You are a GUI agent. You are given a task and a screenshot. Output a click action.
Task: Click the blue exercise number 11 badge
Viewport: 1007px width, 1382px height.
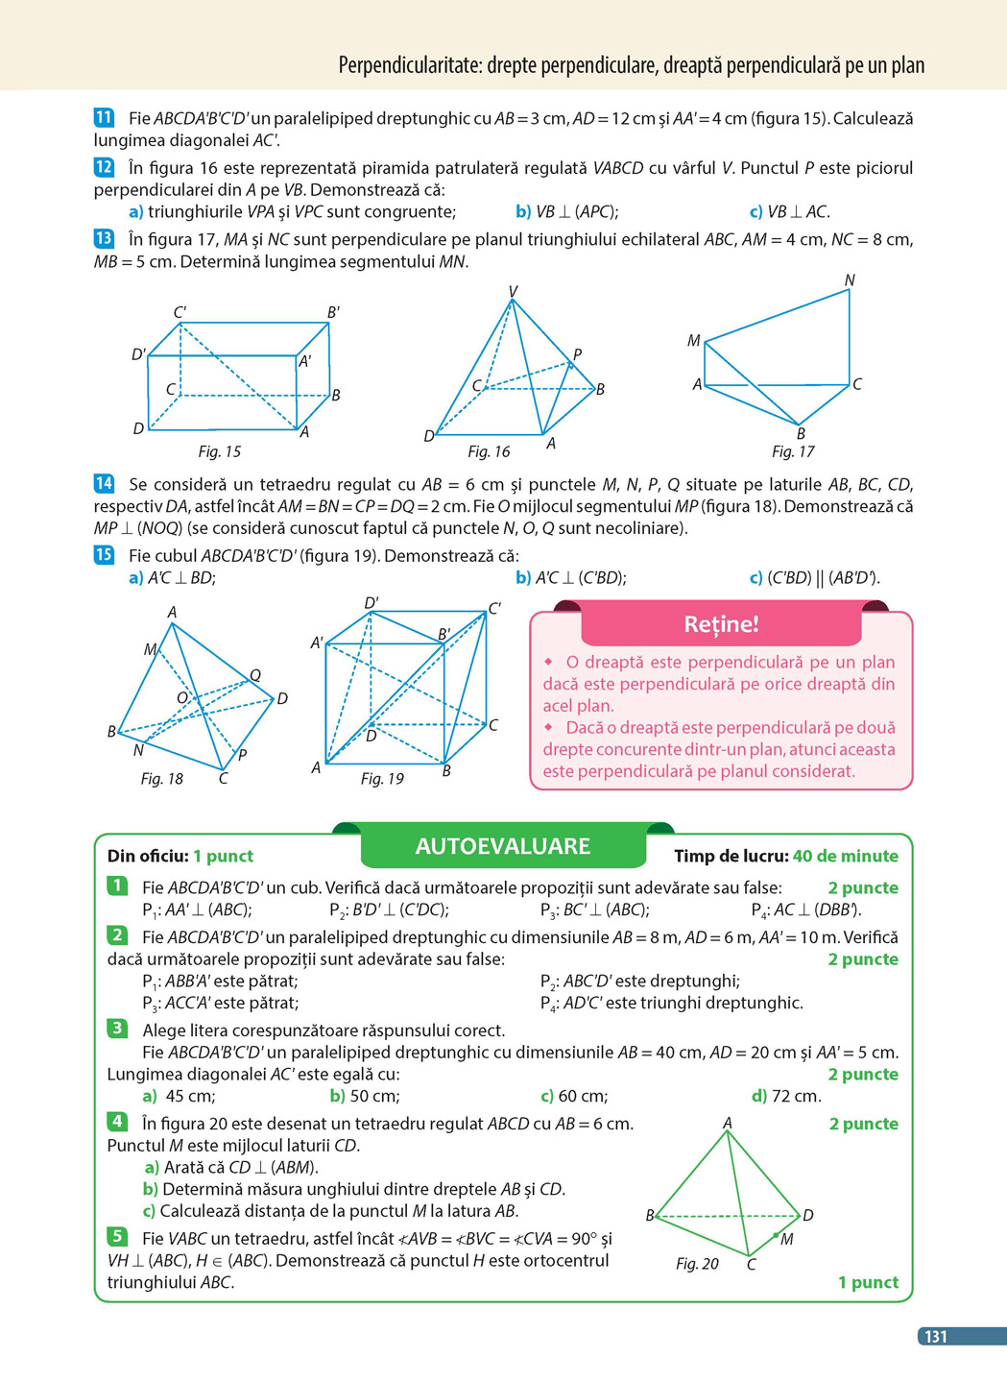pos(104,118)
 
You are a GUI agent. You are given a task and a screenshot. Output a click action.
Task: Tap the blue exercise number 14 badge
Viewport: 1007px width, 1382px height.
pos(104,483)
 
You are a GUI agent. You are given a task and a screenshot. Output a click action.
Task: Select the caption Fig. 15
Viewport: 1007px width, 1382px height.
pos(220,451)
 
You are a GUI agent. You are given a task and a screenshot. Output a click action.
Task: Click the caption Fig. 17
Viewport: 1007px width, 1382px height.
pos(793,451)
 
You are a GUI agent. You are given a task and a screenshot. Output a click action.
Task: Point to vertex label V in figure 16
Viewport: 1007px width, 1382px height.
pos(514,291)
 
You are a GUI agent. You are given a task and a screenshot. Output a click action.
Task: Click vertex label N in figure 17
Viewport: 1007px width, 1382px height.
pos(850,280)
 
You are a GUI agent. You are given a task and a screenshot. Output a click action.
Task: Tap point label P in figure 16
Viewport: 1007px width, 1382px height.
pos(577,354)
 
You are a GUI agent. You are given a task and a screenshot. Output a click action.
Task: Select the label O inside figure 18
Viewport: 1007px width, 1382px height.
pos(181,697)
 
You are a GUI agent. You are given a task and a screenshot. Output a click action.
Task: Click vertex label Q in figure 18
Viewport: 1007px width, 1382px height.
pos(255,676)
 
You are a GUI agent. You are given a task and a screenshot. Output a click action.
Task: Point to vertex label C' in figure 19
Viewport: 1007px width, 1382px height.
pos(494,608)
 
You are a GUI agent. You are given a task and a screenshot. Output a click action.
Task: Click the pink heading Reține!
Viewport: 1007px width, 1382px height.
pos(721,624)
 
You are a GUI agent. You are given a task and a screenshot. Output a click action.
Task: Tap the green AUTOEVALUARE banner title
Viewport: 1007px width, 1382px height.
pos(503,846)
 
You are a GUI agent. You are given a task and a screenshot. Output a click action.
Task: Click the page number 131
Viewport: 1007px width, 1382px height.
pos(935,1336)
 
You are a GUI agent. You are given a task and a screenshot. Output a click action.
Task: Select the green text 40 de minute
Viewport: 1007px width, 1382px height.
pos(846,856)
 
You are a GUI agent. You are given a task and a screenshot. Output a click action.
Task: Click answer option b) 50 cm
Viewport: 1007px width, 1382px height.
pos(365,1096)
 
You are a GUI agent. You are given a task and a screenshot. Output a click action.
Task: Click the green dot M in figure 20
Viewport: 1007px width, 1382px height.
pos(776,1235)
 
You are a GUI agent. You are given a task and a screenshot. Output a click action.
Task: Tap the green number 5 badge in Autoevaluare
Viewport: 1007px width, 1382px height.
pos(117,1236)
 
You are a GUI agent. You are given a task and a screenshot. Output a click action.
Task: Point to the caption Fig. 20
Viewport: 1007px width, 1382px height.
pos(697,1264)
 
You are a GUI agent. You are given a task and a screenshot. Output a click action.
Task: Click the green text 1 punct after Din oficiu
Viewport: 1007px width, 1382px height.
pos(223,856)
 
